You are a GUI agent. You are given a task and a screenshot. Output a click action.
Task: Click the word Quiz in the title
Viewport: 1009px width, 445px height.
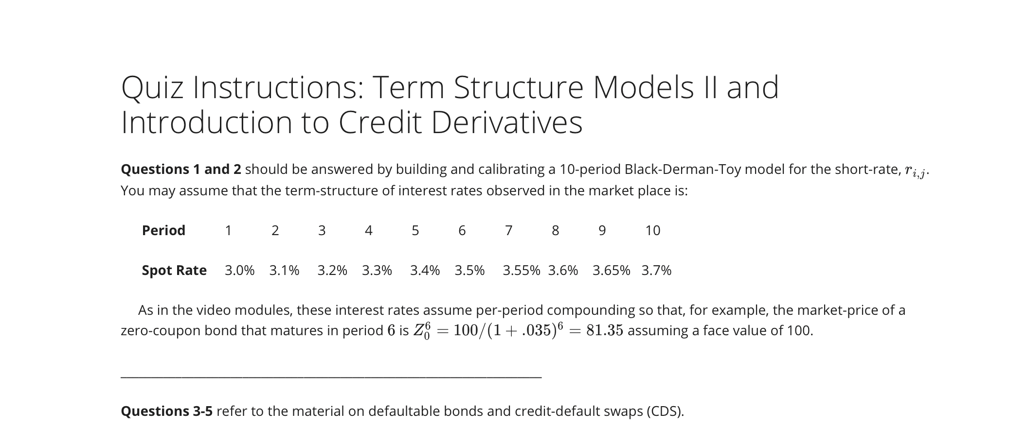[153, 88]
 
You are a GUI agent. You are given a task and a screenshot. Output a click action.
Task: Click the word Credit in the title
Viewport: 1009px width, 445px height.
[379, 122]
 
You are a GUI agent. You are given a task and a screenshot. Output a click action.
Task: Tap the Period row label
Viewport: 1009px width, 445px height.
[163, 230]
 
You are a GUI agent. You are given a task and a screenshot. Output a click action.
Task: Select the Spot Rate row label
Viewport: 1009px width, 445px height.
[174, 270]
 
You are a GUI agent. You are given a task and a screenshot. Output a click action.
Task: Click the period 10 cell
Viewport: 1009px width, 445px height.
[652, 230]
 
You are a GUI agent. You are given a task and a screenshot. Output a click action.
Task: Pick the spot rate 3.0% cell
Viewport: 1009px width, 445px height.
[239, 270]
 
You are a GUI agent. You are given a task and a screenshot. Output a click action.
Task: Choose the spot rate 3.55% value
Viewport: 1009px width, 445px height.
[521, 270]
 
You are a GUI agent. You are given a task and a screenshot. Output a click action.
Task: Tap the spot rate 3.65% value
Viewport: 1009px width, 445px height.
[611, 270]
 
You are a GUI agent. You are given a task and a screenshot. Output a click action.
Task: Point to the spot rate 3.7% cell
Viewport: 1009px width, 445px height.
[656, 270]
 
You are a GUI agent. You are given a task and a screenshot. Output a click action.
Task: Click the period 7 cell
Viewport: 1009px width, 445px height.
[508, 230]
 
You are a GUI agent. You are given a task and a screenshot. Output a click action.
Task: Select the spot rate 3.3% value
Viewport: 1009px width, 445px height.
[377, 270]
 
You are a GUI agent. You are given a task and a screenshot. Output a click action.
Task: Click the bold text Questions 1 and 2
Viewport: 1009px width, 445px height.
[181, 169]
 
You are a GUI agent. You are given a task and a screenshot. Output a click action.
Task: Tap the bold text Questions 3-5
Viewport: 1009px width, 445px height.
[166, 411]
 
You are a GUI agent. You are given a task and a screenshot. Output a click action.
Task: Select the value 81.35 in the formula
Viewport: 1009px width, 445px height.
[604, 330]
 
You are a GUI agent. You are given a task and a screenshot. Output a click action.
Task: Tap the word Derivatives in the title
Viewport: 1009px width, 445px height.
[506, 122]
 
